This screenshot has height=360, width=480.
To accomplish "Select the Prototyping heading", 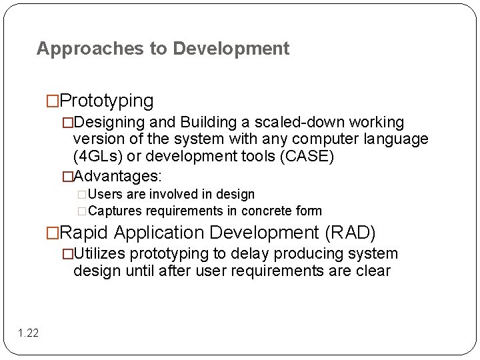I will coord(107,101).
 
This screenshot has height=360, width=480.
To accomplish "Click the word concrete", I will coord(269,211).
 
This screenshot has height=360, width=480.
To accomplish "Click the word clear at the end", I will coord(373,271).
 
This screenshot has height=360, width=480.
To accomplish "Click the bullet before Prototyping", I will coord(53,101).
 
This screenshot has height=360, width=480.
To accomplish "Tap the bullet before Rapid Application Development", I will coord(53,233).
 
